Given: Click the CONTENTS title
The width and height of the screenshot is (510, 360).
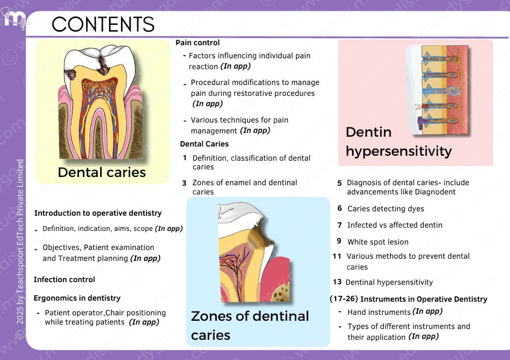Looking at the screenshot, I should pos(103,24).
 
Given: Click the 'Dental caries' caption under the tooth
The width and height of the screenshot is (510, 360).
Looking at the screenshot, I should pos(102,173).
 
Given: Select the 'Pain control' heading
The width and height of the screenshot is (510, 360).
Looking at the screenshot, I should pos(198,42).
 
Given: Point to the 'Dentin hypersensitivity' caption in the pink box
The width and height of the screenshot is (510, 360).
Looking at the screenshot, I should pos(398,142).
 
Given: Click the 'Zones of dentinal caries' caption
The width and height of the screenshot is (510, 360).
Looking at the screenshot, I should pos(250,325).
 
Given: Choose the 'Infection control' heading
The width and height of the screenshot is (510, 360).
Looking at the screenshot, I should pos(64,279).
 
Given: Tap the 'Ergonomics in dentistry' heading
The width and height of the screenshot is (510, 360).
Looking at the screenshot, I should pos(77,298).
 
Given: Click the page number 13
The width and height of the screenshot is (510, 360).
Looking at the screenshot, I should pos(337,282).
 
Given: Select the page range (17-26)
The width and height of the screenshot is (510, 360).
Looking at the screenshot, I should pos(343,299).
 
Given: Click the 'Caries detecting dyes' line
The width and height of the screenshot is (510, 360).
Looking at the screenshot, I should pos(385,209).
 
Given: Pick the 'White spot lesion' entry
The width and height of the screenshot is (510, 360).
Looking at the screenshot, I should pos(378,242).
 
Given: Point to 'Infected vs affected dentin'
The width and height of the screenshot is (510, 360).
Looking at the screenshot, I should pos(394,225).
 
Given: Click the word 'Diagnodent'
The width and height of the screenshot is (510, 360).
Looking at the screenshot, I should pos(436,192).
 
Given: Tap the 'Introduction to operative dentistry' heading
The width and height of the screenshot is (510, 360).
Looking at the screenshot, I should pos(98,213).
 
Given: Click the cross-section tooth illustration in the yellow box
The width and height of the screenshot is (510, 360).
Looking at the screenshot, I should pos(102,103).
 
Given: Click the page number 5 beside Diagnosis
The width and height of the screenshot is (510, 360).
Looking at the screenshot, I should pos(339,183).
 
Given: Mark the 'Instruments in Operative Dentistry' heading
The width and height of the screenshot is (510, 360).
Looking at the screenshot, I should pos(424,299).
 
